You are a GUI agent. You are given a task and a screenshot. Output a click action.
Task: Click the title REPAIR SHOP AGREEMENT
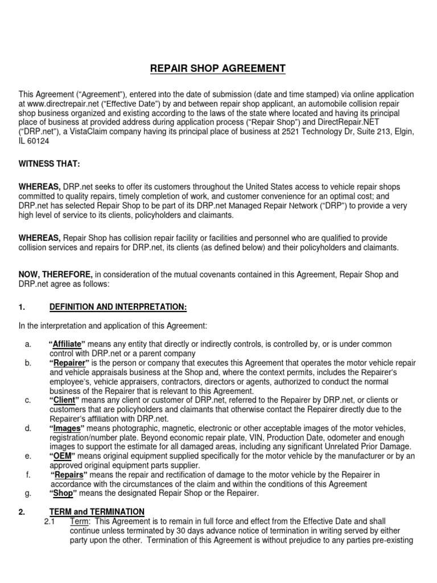218,69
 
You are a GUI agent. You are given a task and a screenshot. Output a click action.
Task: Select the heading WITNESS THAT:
50,164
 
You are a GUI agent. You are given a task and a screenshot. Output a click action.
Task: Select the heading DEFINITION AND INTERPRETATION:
118,307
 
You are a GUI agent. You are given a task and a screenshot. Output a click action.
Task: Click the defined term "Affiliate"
67,344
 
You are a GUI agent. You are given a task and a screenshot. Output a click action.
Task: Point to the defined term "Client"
63,400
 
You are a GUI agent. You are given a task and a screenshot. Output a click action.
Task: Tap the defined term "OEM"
62,456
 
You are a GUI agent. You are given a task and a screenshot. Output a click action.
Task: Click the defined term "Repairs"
69,474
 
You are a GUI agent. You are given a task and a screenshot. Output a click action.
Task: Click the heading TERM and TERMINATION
97,512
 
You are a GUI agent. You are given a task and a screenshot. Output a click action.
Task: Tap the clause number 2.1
50,521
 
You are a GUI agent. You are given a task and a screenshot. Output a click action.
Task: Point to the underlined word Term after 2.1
79,521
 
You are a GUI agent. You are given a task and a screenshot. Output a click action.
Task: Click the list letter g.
28,493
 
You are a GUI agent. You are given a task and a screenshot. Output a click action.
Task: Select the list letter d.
28,428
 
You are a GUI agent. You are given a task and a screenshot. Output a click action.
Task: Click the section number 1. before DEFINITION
22,307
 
